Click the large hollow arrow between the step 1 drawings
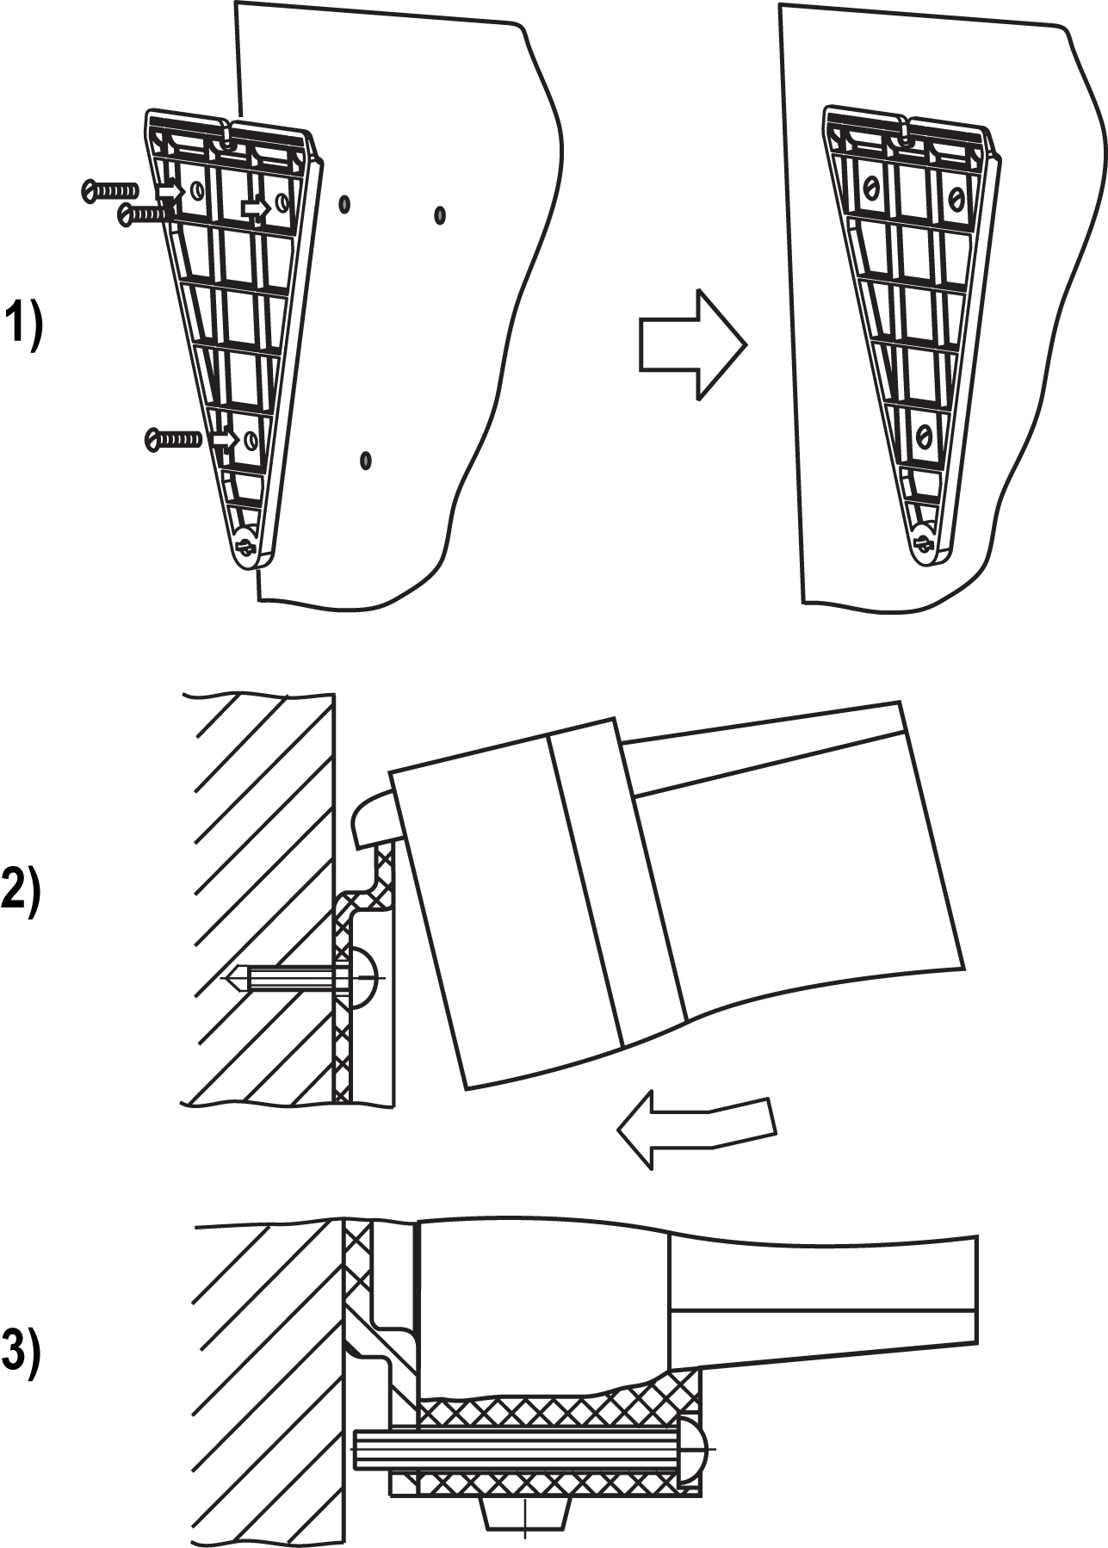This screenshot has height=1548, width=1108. point(693,344)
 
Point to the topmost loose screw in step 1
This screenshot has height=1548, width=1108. point(109,189)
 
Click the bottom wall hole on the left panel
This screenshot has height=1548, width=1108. point(366,461)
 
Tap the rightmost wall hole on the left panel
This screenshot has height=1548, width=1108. point(440,214)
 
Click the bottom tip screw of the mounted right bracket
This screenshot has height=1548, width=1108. point(925,543)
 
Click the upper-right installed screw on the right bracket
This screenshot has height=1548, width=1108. point(954,198)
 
